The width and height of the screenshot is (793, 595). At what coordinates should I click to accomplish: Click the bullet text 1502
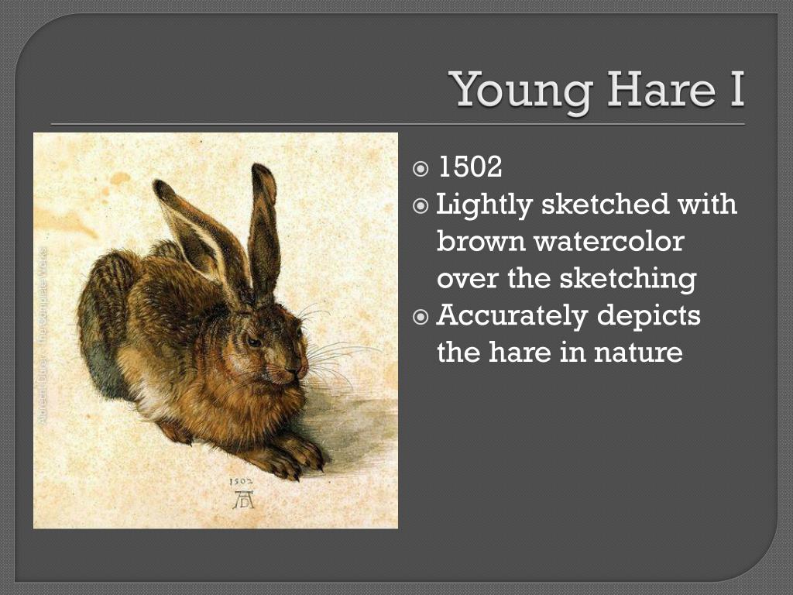click(470, 167)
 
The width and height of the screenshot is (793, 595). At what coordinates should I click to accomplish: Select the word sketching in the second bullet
click(639, 279)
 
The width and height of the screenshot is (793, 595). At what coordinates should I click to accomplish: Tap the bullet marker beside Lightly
click(421, 206)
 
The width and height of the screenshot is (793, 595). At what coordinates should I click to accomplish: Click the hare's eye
click(252, 342)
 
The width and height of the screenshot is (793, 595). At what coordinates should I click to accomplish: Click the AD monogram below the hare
click(243, 500)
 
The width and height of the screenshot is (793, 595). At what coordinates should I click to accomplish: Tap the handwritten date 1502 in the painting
click(242, 482)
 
